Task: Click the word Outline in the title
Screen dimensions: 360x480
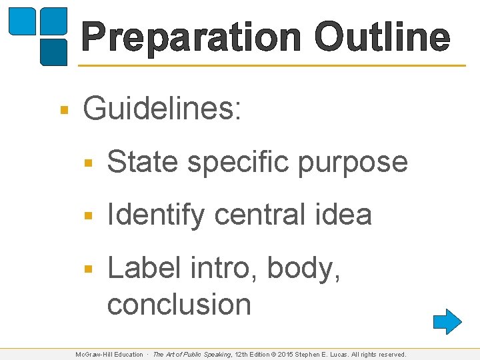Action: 382,37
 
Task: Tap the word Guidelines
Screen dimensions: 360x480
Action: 162,109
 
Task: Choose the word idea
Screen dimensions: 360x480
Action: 344,215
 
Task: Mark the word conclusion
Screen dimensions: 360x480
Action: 179,305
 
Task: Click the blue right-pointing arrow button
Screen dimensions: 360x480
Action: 447,321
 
